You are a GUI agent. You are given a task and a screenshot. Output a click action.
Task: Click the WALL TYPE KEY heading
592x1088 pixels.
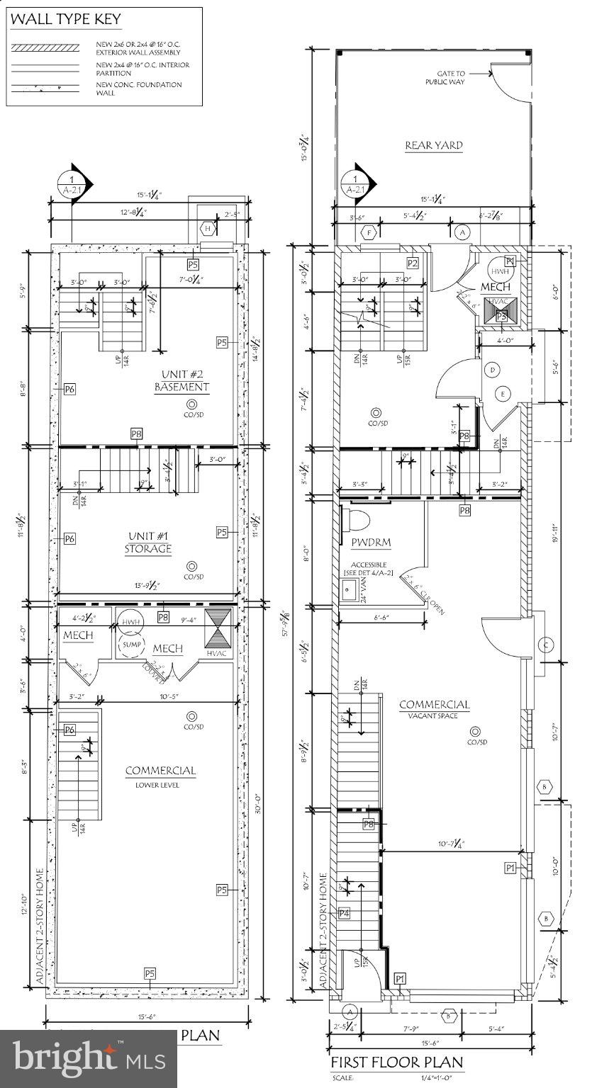pos(65,19)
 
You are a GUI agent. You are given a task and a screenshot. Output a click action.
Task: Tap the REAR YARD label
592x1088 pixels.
pos(434,145)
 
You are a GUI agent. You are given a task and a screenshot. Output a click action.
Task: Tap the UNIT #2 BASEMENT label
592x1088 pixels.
pos(182,380)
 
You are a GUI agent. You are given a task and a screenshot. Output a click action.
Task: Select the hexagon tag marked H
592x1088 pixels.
pos(208,228)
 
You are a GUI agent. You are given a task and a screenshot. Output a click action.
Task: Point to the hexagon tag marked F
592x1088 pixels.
pos(368,232)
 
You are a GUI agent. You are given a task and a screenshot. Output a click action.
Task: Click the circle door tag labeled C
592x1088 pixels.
pos(546,645)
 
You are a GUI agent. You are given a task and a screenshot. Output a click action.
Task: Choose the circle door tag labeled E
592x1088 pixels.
pos(503,394)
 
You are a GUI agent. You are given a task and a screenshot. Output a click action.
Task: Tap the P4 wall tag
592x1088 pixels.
pos(344,914)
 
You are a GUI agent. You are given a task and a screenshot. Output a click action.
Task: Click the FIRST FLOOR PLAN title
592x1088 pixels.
pos(397,1062)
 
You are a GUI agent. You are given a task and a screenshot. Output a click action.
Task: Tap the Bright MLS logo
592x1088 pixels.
pos(89,1058)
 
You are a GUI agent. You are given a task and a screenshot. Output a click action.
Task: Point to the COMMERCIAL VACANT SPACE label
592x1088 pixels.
pos(434,708)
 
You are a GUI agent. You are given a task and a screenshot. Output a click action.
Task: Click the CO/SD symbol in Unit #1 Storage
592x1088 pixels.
pos(191,565)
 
